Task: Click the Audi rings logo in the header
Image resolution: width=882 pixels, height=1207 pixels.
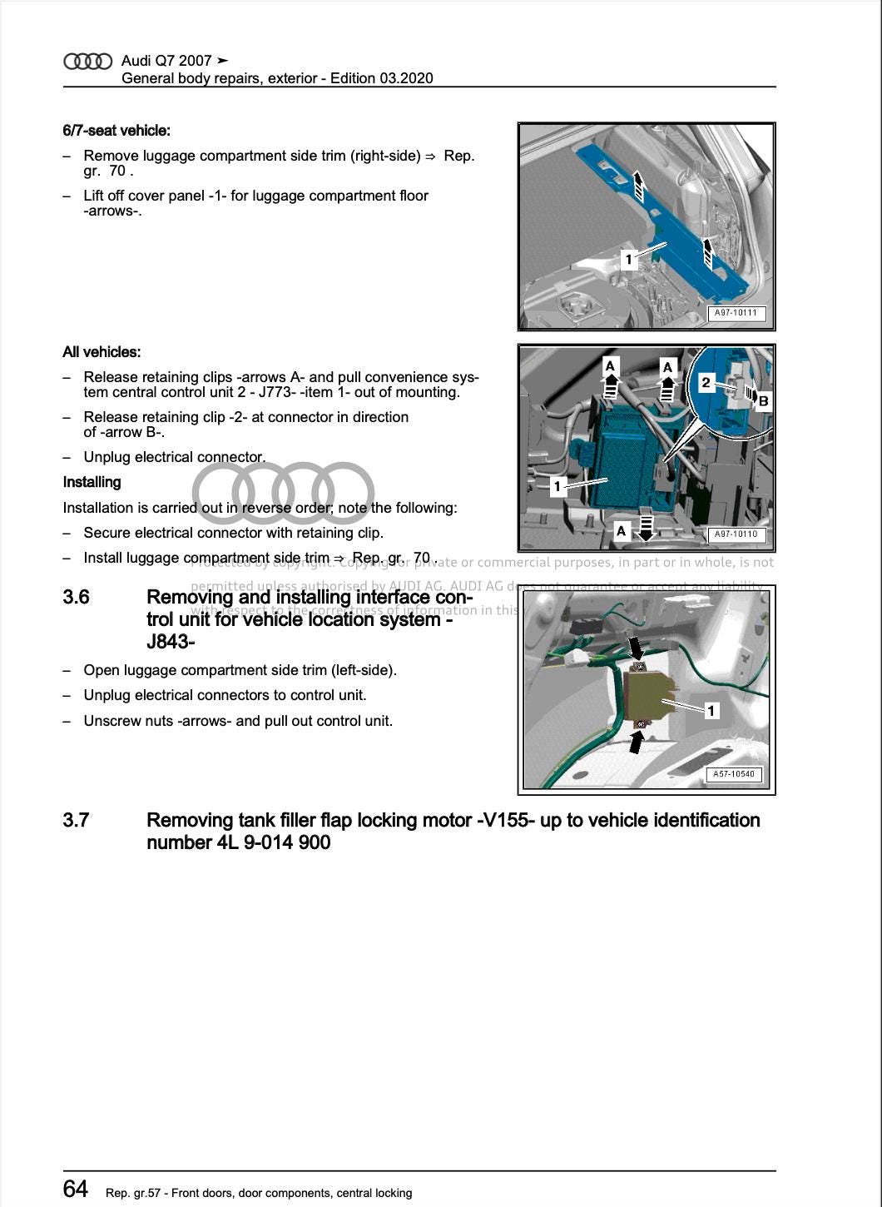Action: tap(87, 61)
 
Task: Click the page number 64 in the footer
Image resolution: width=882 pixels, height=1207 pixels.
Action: tap(76, 1189)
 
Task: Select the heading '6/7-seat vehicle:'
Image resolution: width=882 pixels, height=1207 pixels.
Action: tap(116, 131)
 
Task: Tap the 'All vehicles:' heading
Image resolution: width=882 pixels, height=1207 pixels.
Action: tap(102, 352)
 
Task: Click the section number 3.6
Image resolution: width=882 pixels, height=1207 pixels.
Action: tap(77, 598)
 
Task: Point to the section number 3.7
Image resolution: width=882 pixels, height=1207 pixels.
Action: tap(77, 821)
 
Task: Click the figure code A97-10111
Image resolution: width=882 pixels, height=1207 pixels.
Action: tap(736, 314)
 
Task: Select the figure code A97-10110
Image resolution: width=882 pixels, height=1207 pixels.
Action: tap(736, 534)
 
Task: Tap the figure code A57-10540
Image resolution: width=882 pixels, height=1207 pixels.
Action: tap(734, 774)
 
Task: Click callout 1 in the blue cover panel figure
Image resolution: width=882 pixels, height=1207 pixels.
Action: tap(629, 260)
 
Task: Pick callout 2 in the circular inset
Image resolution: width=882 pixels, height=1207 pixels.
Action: tap(706, 383)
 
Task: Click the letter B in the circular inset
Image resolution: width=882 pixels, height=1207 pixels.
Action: tap(763, 401)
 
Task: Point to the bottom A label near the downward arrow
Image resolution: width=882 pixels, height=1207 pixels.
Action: tap(621, 530)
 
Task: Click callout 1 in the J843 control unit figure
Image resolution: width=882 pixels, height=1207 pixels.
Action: tap(711, 711)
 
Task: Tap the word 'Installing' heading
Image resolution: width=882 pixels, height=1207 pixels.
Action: tap(92, 483)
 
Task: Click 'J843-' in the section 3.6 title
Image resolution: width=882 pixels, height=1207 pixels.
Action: tap(171, 642)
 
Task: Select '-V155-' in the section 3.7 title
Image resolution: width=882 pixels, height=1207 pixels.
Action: tap(506, 821)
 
